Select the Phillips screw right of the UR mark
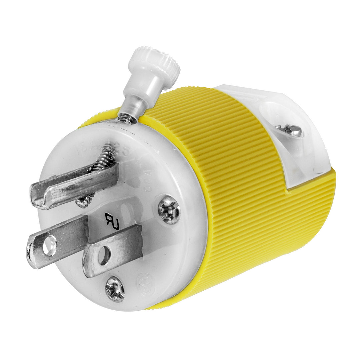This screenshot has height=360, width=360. coord(169,210)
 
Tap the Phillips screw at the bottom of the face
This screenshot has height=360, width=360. coord(115,289)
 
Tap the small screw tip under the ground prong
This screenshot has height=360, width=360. coord(83,201)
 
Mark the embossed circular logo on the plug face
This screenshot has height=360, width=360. coord(146,284)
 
